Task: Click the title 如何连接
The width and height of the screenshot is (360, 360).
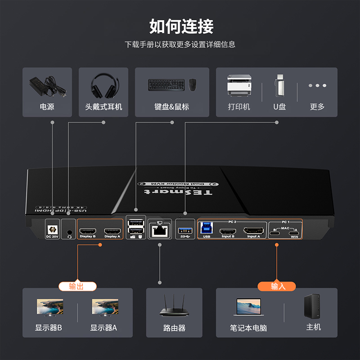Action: pos(181,27)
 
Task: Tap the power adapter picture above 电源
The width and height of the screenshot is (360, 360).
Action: pos(47,85)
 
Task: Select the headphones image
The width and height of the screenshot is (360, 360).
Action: pos(103,85)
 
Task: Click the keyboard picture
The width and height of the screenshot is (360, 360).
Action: pos(166,84)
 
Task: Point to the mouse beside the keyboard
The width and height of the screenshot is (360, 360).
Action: pos(193,85)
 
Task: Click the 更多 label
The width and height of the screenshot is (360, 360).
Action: pos(317,107)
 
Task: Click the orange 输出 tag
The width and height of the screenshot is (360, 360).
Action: pos(77,286)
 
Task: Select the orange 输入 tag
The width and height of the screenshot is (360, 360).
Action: pos(276,286)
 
